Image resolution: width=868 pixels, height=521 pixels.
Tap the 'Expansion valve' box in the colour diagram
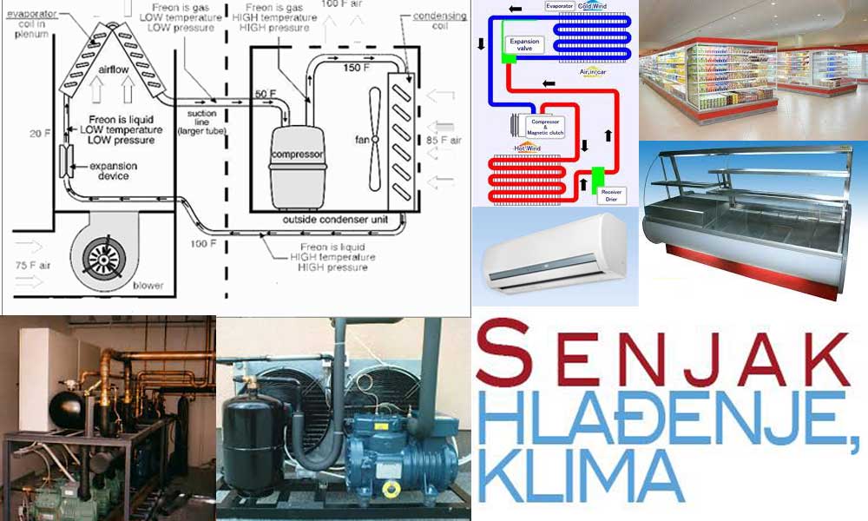point(525,44)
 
